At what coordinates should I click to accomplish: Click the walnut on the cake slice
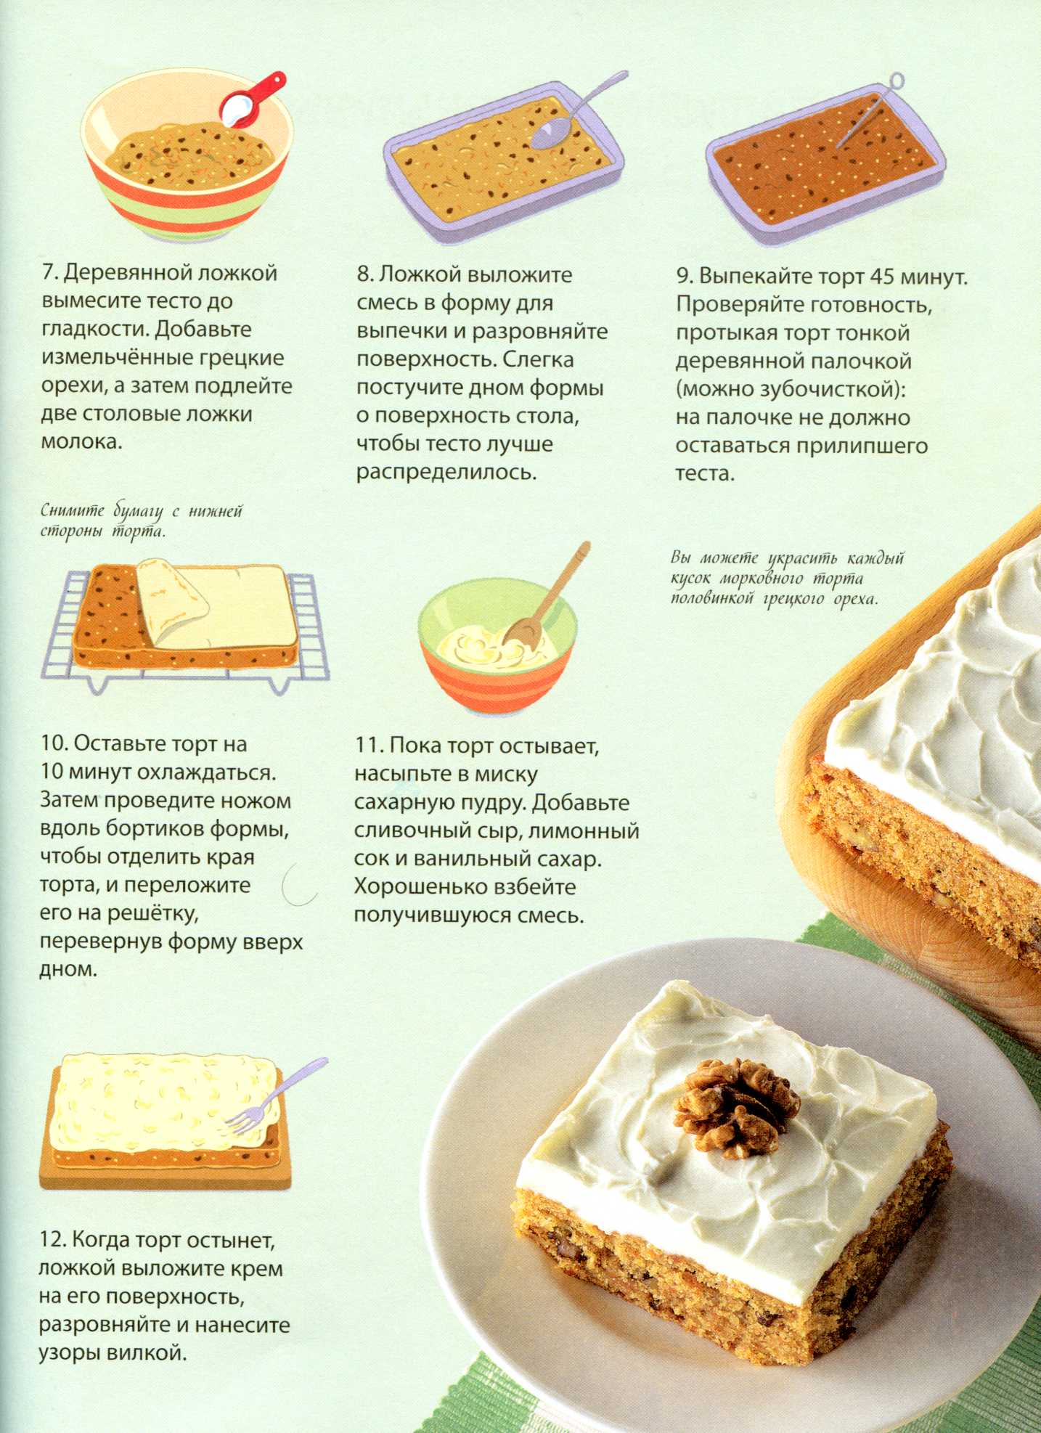[x=735, y=1106]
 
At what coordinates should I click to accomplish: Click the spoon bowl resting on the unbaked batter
[x=551, y=134]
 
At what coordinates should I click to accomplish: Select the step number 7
[x=49, y=273]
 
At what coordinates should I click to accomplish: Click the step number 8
[x=364, y=275]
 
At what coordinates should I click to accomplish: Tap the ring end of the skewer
[x=897, y=80]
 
